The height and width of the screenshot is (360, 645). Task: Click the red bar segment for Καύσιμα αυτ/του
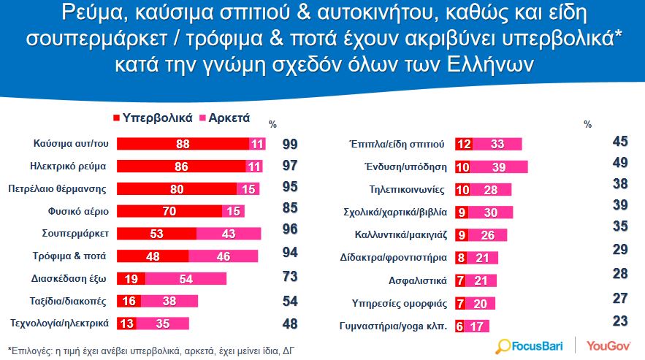[x=183, y=144]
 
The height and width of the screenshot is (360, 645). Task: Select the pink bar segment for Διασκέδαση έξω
[x=186, y=278]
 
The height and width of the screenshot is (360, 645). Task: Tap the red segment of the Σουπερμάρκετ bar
[x=157, y=234]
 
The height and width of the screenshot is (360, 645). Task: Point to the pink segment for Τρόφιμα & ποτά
[x=224, y=256]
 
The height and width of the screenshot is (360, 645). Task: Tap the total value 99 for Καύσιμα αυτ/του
[x=291, y=144]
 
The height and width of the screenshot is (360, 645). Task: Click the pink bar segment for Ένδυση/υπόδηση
[x=500, y=166]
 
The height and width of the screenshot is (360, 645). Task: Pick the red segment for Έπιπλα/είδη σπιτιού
[x=464, y=144]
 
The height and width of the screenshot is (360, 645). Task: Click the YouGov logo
[x=608, y=344]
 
